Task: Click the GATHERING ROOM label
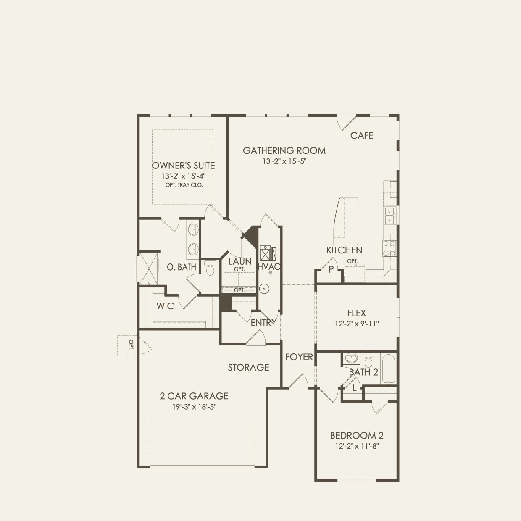point(284,150)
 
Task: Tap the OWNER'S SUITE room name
point(183,166)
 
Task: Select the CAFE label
point(362,135)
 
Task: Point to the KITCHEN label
point(344,250)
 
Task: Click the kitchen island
point(346,221)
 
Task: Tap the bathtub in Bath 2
point(388,368)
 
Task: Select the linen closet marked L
point(354,388)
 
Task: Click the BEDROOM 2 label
point(356,436)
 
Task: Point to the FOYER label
point(299,357)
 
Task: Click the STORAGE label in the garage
point(248,367)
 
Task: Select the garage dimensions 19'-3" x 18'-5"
point(194,407)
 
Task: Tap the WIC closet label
point(165,306)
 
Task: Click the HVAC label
point(269,267)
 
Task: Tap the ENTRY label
point(263,323)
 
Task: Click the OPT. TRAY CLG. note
point(184,185)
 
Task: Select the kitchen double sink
point(390,215)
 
